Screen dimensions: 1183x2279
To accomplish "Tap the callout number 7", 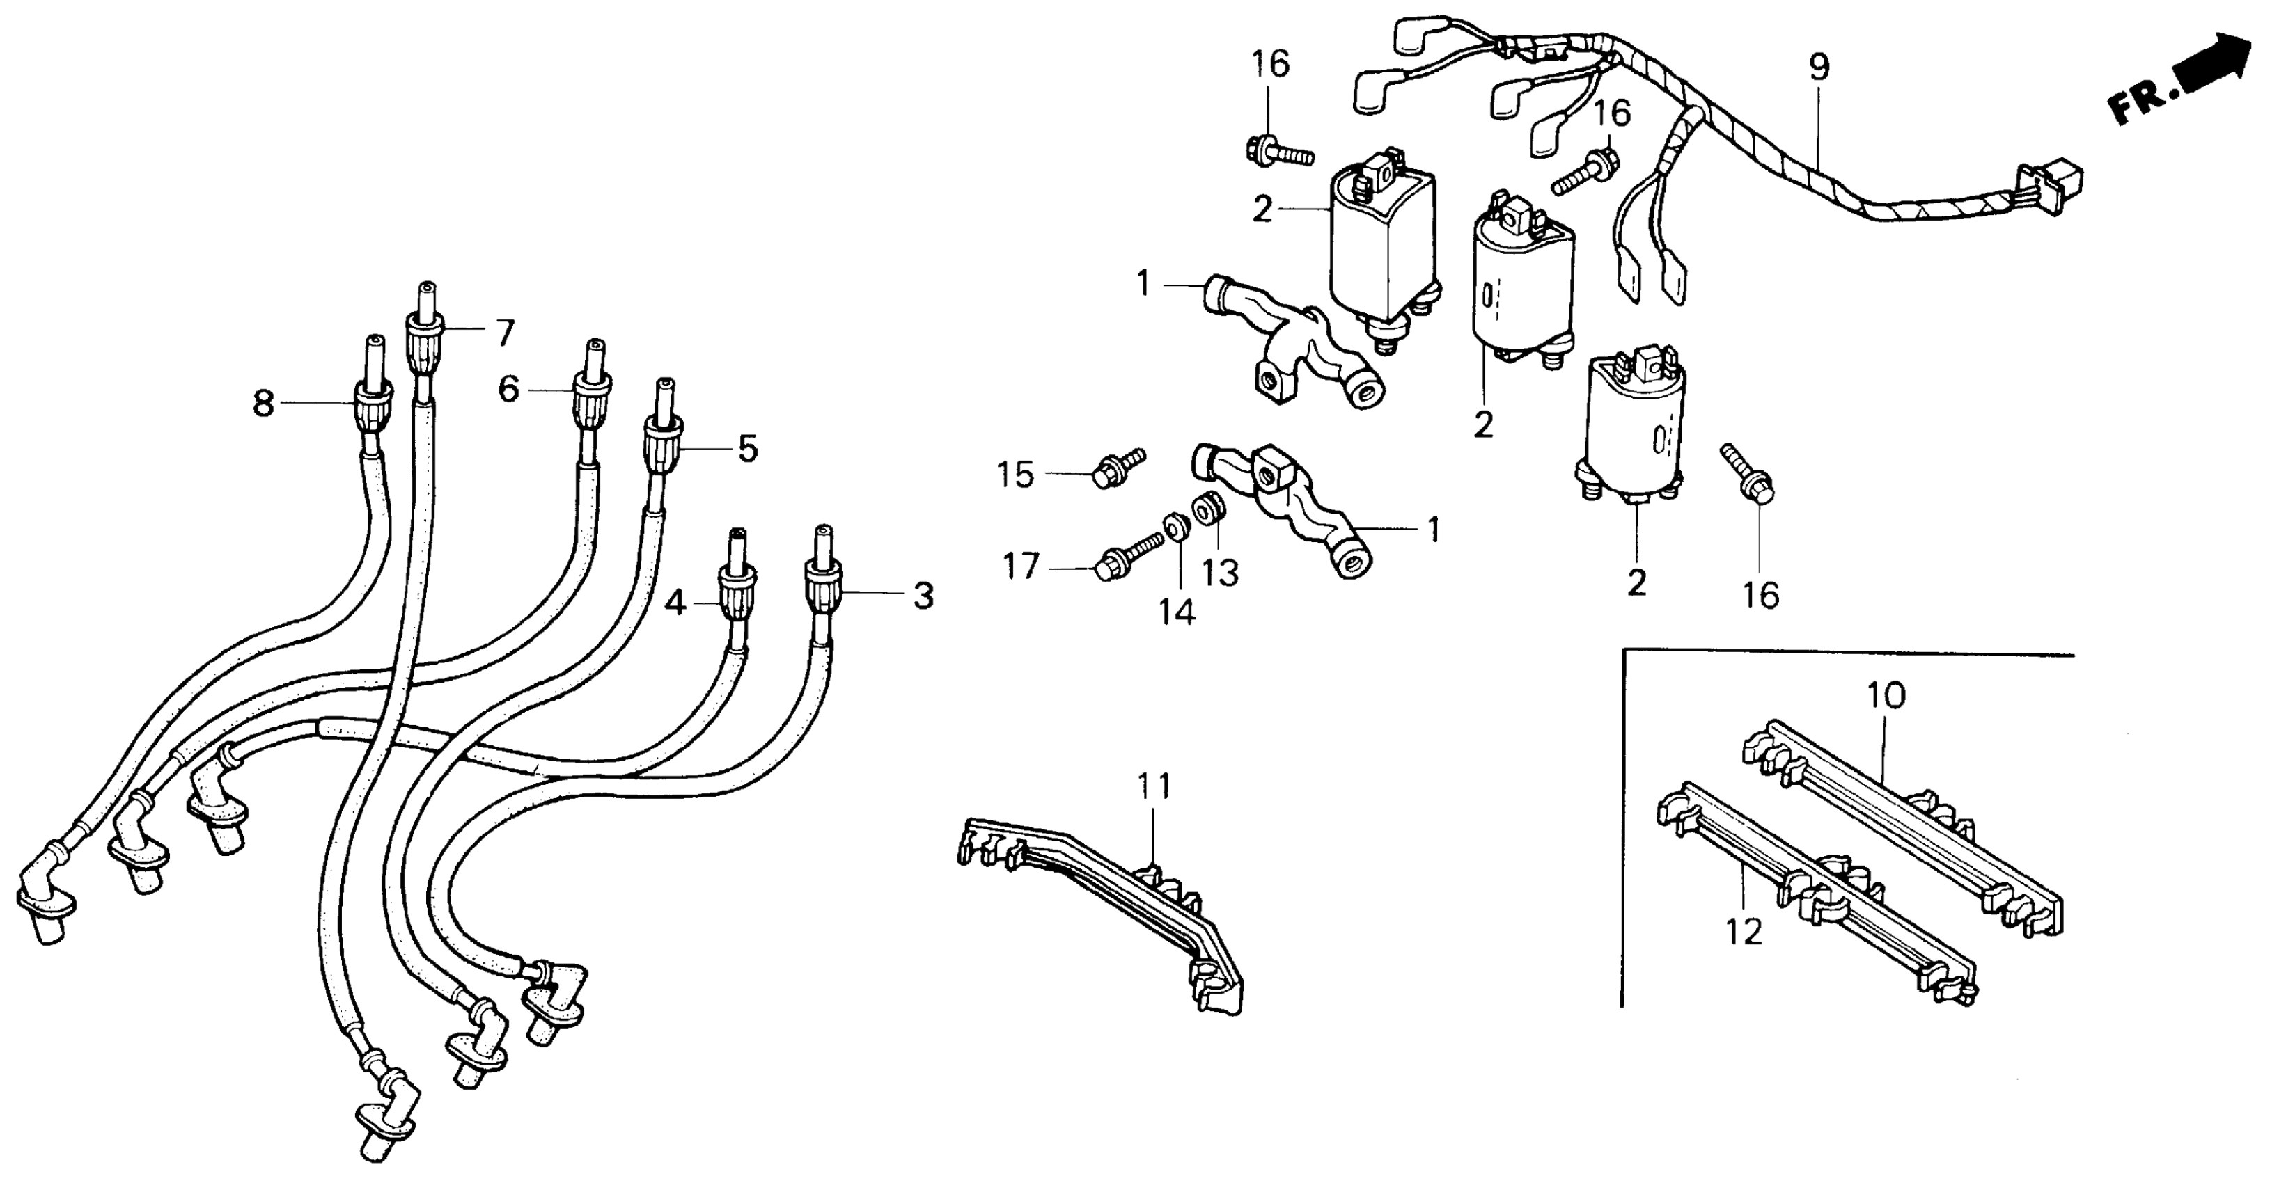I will tap(504, 333).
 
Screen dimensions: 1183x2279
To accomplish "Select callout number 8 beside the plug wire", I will tap(263, 404).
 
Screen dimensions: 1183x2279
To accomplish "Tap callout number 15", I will tap(1016, 475).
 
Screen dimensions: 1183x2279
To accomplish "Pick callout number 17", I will tap(1020, 566).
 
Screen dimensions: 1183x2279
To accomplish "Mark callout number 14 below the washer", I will tap(1177, 611).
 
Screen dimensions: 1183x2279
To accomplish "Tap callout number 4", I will tap(675, 605).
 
